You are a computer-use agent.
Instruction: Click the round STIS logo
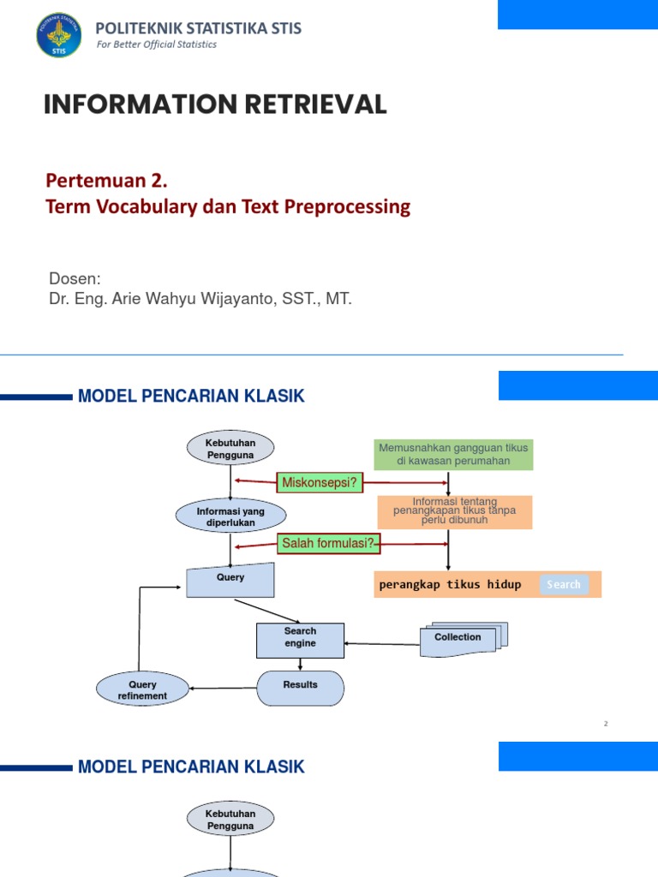(58, 35)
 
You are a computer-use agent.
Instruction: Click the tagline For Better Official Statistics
(156, 45)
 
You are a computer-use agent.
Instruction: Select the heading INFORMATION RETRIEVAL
(215, 104)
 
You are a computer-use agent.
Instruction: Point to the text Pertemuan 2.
(106, 181)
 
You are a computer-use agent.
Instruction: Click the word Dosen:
(75, 279)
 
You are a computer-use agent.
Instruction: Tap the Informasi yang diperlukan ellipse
(230, 516)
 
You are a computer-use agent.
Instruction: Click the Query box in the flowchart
(230, 579)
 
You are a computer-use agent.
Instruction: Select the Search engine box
(300, 640)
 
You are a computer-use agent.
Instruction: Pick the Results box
(300, 687)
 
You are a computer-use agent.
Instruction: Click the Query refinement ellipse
(142, 690)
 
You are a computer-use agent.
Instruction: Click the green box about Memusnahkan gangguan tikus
(453, 455)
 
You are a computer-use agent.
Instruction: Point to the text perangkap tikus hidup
(450, 585)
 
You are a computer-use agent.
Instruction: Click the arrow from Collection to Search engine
(382, 642)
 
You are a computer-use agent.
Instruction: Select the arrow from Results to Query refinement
(223, 688)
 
